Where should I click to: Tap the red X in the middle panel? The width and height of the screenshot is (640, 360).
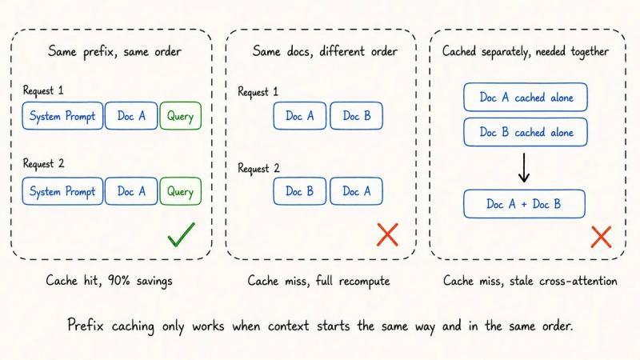coord(387,234)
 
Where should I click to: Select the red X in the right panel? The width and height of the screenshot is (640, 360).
coord(602,237)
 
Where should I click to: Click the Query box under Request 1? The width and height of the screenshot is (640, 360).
coord(181,116)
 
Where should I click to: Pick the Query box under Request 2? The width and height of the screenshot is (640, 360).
coord(181,191)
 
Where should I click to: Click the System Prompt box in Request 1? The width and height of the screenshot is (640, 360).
coord(62,116)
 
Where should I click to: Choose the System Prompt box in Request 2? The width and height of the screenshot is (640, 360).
coord(62,191)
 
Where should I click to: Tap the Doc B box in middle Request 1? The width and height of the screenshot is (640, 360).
coord(356,116)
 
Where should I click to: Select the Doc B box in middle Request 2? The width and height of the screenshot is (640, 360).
coord(299,191)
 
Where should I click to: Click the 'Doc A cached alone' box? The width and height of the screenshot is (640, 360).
coord(526,97)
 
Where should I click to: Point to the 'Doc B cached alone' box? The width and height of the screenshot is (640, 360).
coord(526,132)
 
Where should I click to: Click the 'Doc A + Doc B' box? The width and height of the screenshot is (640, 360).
coord(524,204)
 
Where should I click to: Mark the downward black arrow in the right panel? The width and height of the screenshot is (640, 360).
coord(524,168)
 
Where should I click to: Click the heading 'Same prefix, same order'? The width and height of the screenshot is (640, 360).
coord(114,52)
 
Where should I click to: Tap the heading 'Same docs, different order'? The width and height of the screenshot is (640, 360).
coord(325,51)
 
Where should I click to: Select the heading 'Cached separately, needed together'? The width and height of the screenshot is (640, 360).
coord(526,52)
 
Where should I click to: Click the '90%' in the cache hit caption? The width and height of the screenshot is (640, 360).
coord(118,281)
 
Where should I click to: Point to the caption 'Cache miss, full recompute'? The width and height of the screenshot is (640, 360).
coord(318,281)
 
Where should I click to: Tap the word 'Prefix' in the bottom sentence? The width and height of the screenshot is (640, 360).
coord(86,326)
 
